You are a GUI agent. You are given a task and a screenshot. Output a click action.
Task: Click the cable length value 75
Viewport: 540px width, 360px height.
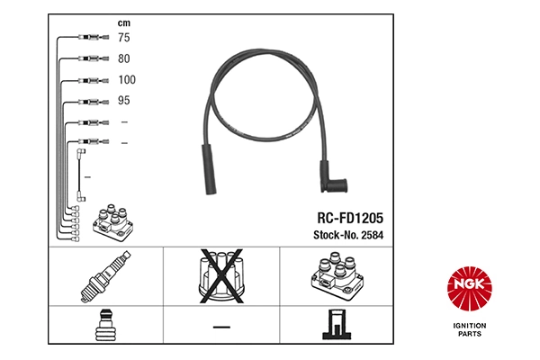tap(125, 38)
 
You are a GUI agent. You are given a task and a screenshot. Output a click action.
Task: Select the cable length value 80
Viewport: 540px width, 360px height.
tap(125, 58)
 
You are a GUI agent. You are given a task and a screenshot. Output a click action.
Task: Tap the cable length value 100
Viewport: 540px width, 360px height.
tap(127, 79)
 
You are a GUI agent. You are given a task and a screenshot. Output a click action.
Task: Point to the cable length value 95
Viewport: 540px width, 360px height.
tap(125, 100)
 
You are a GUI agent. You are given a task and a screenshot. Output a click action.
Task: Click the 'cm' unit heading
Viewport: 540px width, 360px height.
tap(124, 21)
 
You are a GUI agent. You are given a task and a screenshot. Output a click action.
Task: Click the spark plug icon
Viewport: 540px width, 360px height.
tap(104, 278)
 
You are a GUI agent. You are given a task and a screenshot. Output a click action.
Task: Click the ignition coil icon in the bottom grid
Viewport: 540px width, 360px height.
tap(338, 278)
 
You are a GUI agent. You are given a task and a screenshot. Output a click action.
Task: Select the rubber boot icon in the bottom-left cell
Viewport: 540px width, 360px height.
tap(104, 326)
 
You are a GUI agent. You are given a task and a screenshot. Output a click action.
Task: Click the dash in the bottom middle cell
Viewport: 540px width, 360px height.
tap(221, 326)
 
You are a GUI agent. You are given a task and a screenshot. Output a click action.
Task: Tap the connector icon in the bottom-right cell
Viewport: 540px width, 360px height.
tap(338, 326)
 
